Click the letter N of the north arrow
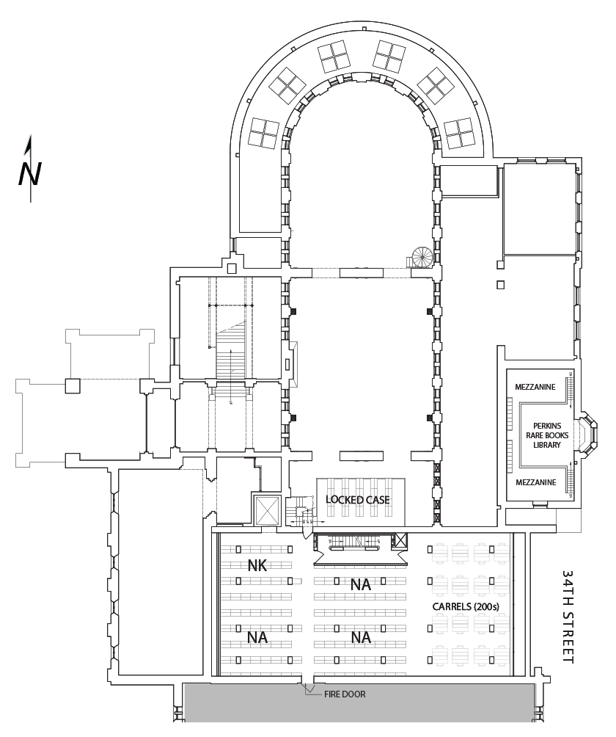30,173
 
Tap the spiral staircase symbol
422,258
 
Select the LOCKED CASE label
357,500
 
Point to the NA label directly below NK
257,637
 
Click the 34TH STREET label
569,615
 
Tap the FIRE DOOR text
344,694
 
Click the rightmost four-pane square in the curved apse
459,132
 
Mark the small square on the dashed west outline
71,385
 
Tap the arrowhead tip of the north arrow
29,137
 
